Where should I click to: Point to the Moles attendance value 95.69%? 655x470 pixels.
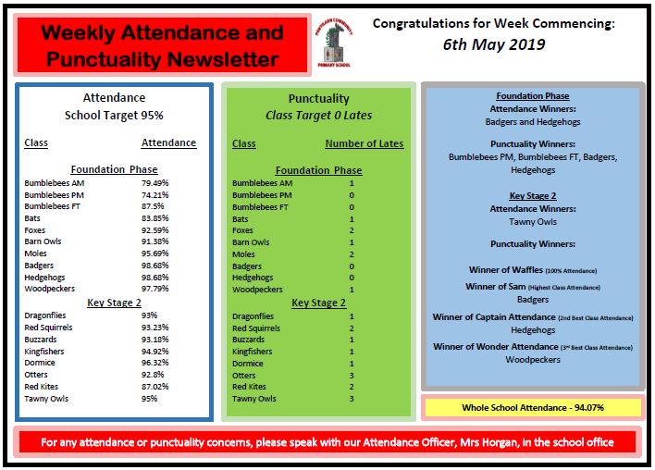(x=154, y=254)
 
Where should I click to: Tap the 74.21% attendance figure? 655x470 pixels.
(x=154, y=195)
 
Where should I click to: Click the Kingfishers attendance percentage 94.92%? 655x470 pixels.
(x=154, y=351)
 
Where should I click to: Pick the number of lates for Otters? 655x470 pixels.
(x=352, y=376)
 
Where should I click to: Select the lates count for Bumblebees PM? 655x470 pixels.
(x=352, y=195)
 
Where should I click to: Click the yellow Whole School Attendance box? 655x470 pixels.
(x=532, y=407)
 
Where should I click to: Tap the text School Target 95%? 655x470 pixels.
(x=113, y=116)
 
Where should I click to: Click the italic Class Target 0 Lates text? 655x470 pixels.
(x=318, y=116)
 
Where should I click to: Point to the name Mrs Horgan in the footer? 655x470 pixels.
(x=463, y=442)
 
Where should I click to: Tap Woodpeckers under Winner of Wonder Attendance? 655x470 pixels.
(x=533, y=359)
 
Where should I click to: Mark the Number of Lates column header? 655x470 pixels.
(x=364, y=144)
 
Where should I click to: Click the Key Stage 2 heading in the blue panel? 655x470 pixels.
(x=533, y=196)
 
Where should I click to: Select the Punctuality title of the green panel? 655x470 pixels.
(x=318, y=98)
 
